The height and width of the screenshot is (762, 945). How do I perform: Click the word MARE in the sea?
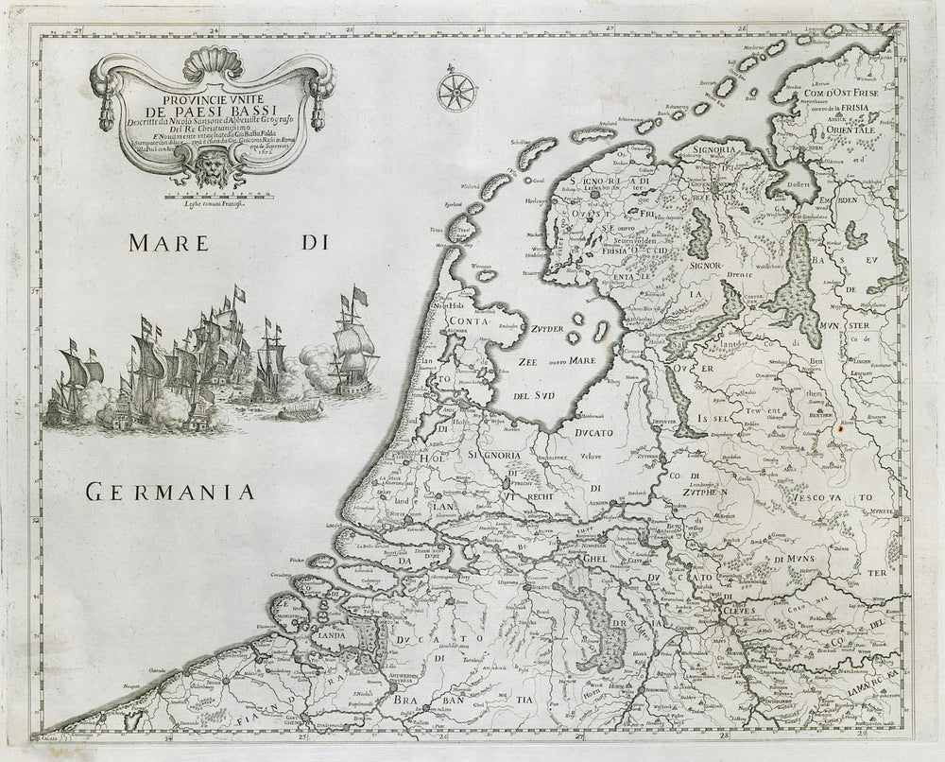[x=168, y=243]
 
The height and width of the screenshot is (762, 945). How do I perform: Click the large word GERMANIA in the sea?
[x=171, y=491]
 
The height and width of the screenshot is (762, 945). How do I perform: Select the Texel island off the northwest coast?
[x=463, y=232]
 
